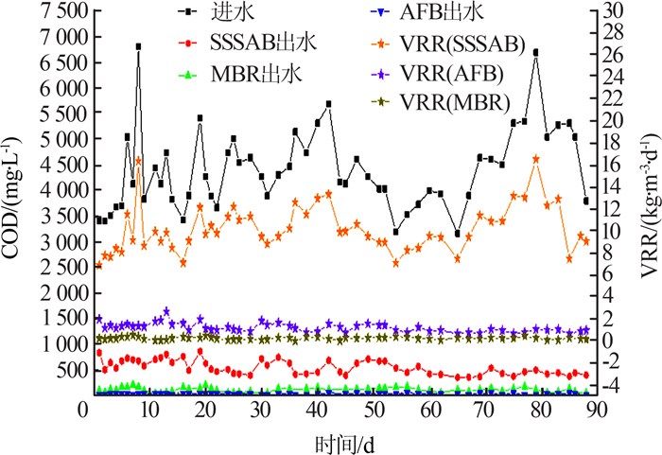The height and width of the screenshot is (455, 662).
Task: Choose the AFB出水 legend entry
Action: [x=452, y=16]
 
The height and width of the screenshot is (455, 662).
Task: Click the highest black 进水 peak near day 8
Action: [x=138, y=45]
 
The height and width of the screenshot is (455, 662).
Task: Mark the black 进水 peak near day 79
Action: [x=536, y=52]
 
